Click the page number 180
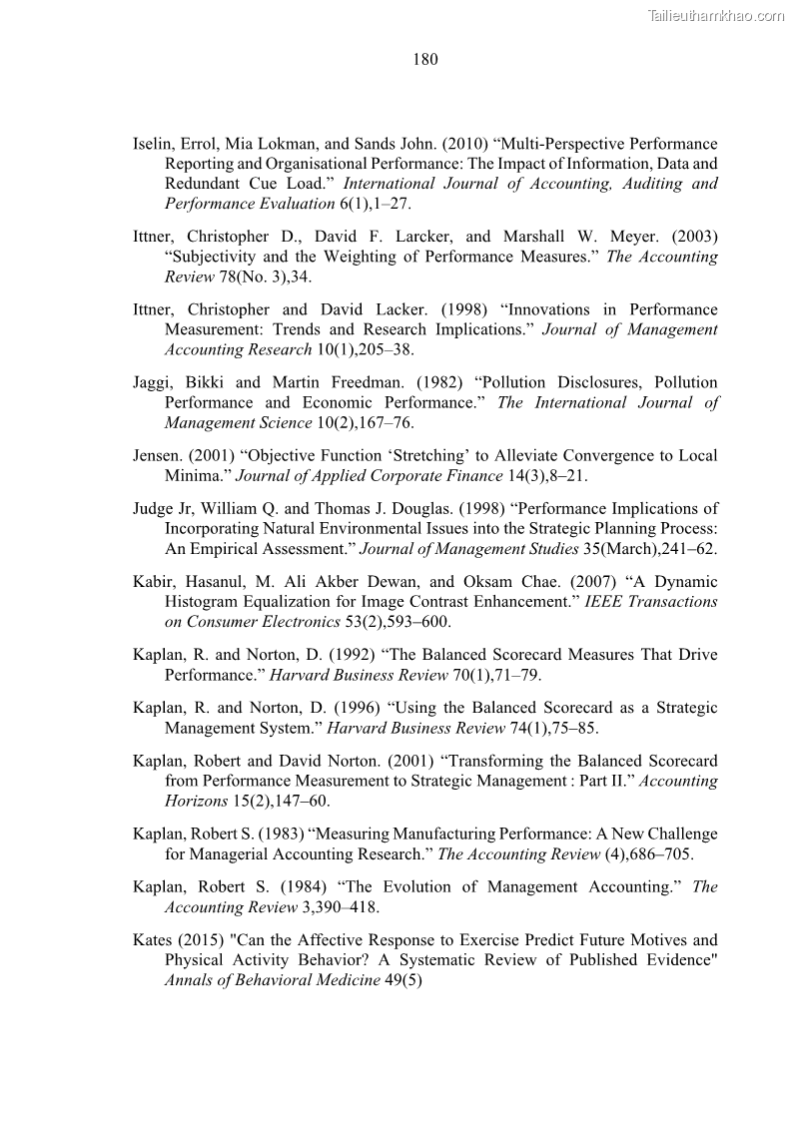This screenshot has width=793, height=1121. point(424,60)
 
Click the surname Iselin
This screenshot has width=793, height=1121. point(155,144)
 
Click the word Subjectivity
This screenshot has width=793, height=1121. point(218,257)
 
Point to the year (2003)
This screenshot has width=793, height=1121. point(693,237)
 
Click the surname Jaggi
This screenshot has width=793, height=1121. point(154,382)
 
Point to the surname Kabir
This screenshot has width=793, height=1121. point(155,581)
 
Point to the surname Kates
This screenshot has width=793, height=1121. point(156,939)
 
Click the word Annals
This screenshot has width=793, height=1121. point(191,979)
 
